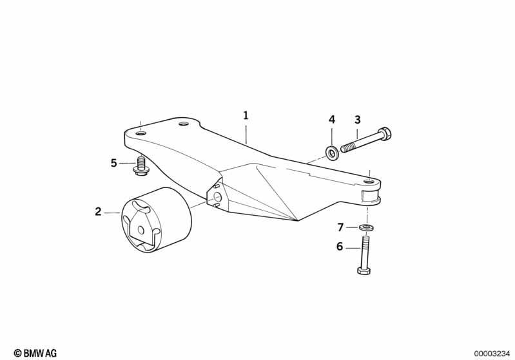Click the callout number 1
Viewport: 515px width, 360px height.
(246, 115)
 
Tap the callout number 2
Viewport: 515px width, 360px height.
(98, 212)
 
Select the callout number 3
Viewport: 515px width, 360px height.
(357, 120)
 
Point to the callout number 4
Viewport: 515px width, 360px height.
(332, 120)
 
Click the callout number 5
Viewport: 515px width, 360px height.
(113, 163)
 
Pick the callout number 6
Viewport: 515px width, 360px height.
(340, 247)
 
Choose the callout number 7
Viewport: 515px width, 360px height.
(340, 227)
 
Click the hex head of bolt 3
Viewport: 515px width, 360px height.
(385, 134)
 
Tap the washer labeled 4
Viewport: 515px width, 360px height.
(332, 152)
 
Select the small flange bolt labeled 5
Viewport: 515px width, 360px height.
(141, 166)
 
